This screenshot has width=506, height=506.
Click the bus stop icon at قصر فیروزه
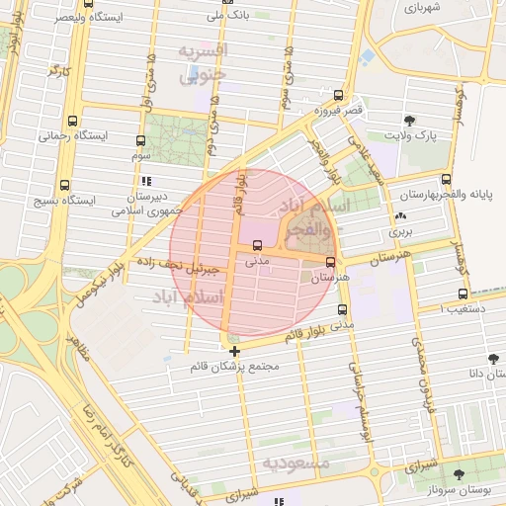[x=339, y=96]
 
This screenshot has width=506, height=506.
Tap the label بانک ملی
[x=225, y=17]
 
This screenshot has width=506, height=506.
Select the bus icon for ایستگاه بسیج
[x=64, y=184]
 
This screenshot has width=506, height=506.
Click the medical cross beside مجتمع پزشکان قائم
[x=234, y=351]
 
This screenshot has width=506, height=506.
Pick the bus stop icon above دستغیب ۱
[x=464, y=294]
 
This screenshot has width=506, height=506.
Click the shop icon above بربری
[x=399, y=216]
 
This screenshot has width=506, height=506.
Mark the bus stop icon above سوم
[x=140, y=140]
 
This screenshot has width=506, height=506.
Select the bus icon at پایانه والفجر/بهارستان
[x=446, y=180]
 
